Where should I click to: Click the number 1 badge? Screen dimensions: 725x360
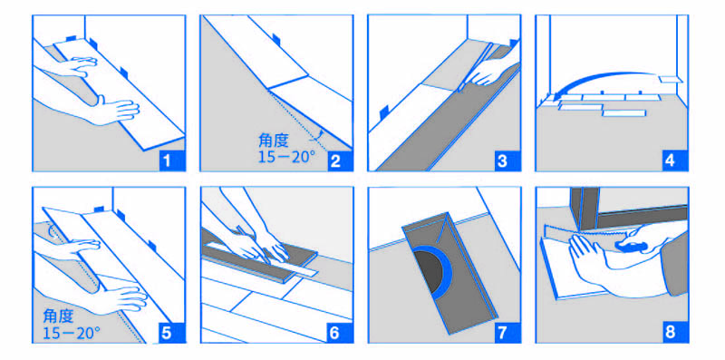pos(168,161)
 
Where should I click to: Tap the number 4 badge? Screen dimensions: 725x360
pos(671,161)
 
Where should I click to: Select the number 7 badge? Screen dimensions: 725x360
pos(503,333)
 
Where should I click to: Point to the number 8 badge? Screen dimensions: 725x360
pos(671,333)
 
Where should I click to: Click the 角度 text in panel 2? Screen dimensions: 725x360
pos(274,141)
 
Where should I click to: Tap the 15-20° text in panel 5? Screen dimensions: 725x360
pos(72,333)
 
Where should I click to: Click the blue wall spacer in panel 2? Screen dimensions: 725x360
pos(276,39)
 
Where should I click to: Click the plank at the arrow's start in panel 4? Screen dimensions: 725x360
pos(671,79)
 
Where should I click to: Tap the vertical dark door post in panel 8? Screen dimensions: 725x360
pos(585,208)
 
